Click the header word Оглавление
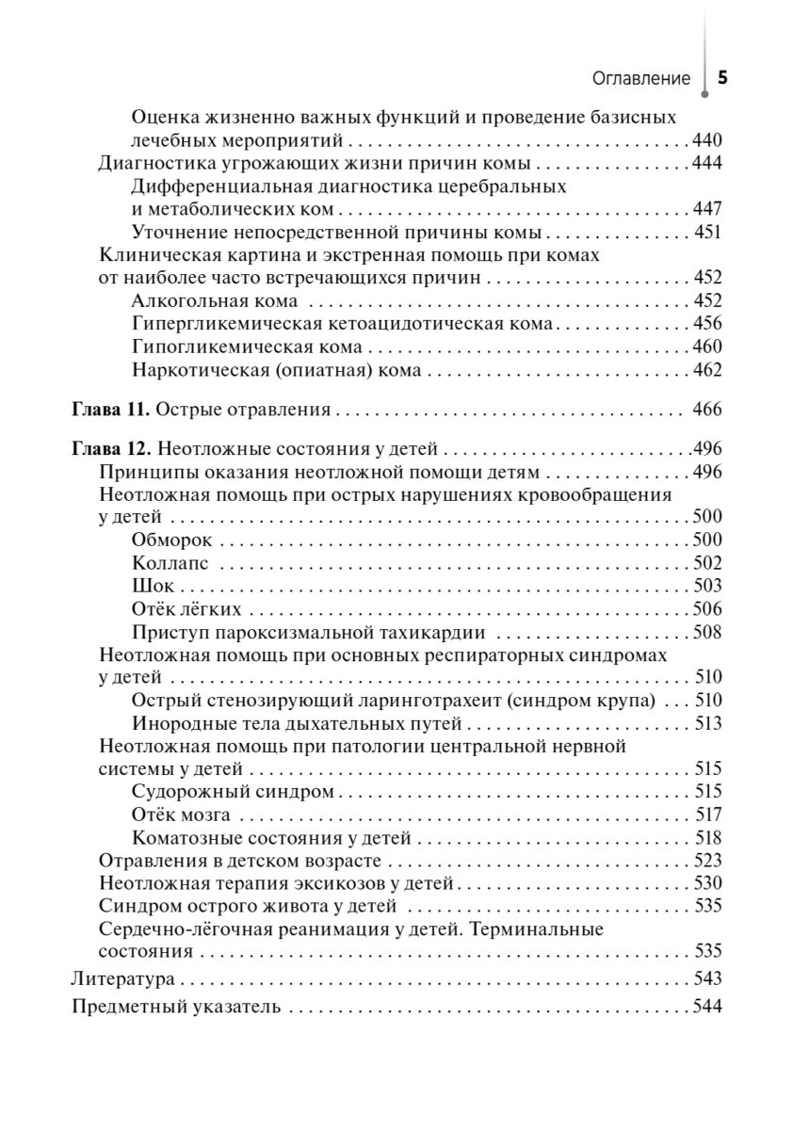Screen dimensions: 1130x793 [641, 79]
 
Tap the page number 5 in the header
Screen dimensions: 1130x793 [722, 78]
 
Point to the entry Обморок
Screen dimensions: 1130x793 [172, 540]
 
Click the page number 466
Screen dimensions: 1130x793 [705, 410]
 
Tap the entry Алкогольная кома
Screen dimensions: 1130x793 [215, 301]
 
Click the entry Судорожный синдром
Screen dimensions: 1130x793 [234, 791]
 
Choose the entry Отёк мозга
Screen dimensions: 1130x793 [182, 815]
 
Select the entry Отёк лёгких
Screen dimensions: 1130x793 [187, 609]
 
